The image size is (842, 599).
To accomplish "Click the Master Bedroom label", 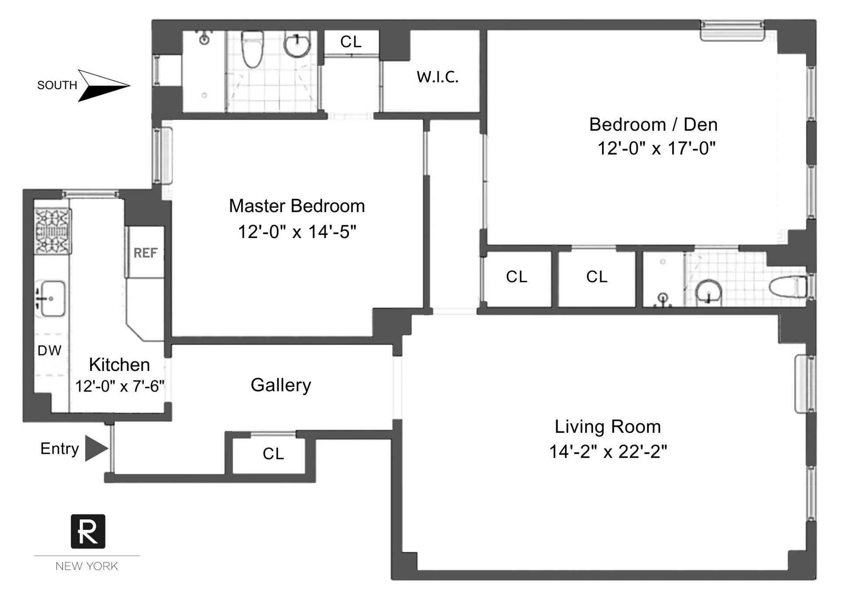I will click(x=296, y=206).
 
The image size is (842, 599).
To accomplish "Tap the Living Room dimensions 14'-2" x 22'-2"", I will click(x=608, y=451).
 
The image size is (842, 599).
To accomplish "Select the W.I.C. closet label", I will click(x=437, y=77).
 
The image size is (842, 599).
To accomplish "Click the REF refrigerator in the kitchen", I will click(x=145, y=253).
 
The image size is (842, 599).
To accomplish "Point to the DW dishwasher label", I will click(x=49, y=350).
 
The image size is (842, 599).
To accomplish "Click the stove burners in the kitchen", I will click(x=53, y=232).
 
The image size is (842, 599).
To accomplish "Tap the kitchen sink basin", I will click(x=53, y=298).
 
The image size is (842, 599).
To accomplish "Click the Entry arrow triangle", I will click(x=95, y=448).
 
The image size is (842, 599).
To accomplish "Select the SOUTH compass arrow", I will click(x=103, y=85).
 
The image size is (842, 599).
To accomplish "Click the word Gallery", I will click(x=281, y=385).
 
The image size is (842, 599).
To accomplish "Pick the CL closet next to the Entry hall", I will click(x=273, y=454).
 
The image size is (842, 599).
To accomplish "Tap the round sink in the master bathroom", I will click(x=297, y=44).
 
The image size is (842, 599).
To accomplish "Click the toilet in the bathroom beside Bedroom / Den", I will click(x=788, y=287).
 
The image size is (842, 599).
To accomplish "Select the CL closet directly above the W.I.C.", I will click(x=351, y=42).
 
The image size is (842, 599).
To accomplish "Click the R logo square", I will click(x=88, y=531).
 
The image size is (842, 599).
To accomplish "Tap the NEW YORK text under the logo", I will click(x=86, y=566).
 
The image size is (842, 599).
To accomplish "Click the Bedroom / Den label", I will click(x=653, y=125).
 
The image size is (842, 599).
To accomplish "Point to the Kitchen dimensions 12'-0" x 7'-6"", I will click(x=119, y=386).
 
